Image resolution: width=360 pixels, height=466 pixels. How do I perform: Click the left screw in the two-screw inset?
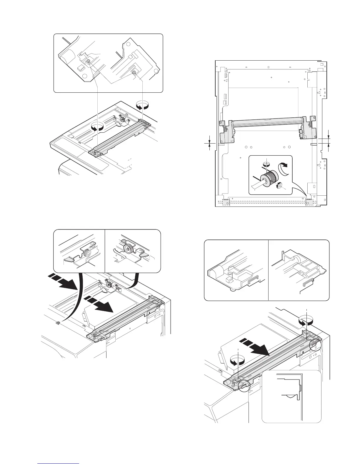pyautogui.click(x=88, y=61)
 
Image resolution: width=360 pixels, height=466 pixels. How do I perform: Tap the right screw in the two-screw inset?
pyautogui.click(x=134, y=72)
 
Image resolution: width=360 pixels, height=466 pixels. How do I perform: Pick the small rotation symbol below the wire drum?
pyautogui.click(x=279, y=185)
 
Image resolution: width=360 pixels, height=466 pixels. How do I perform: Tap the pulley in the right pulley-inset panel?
pyautogui.click(x=128, y=249)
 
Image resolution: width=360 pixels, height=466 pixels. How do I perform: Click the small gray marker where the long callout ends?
pyautogui.click(x=58, y=322)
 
